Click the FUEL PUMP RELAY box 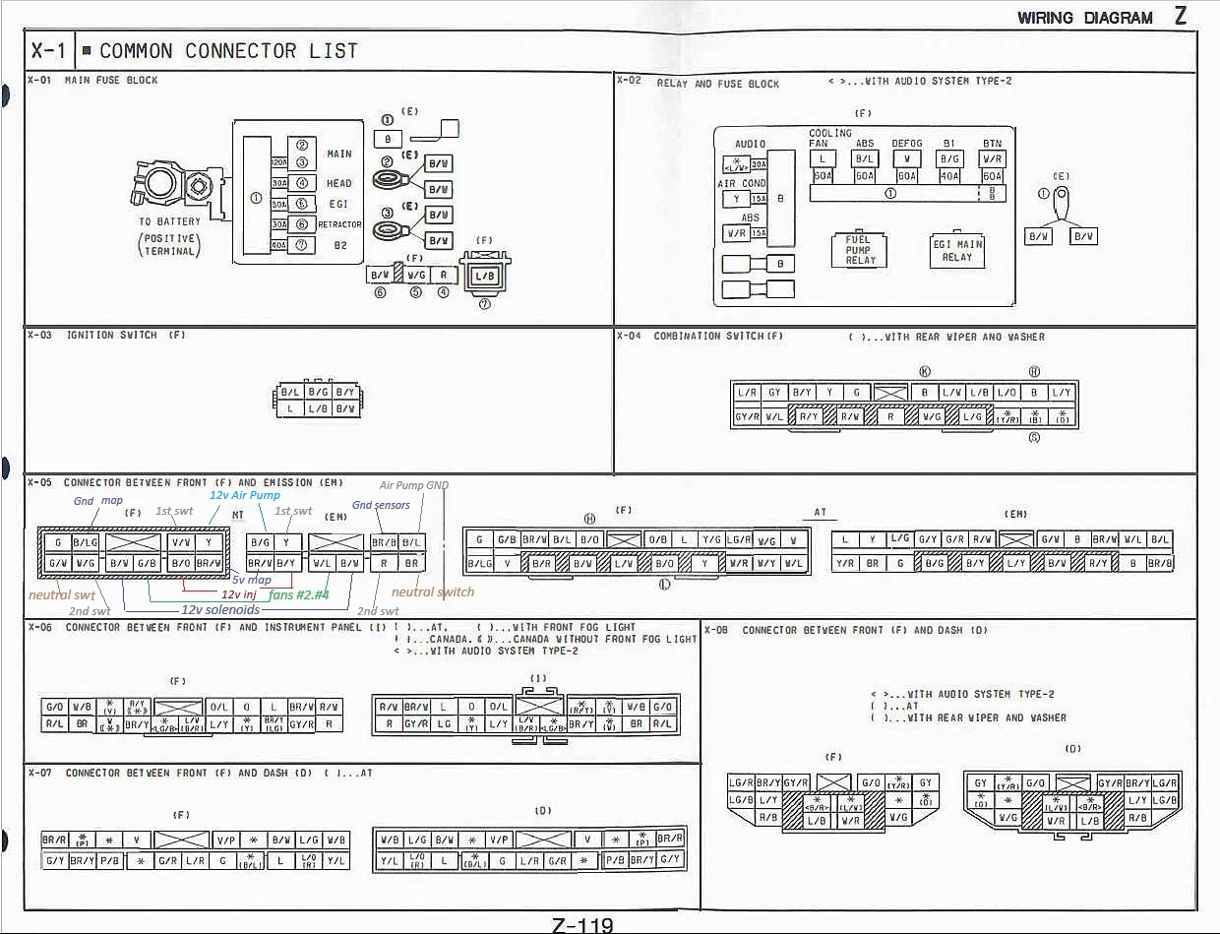click(859, 249)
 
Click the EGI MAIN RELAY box click(957, 250)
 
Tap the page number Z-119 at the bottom click(582, 924)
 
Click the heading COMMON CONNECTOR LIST click(228, 51)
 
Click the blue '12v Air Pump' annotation click(244, 495)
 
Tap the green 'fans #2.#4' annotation click(298, 594)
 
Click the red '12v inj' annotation click(239, 594)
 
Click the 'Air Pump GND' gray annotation click(414, 485)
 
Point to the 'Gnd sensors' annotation click(381, 505)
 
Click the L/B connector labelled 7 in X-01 click(485, 276)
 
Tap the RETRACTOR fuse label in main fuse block click(339, 224)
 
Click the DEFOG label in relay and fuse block click(906, 143)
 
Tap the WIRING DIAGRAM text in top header click(1084, 18)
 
